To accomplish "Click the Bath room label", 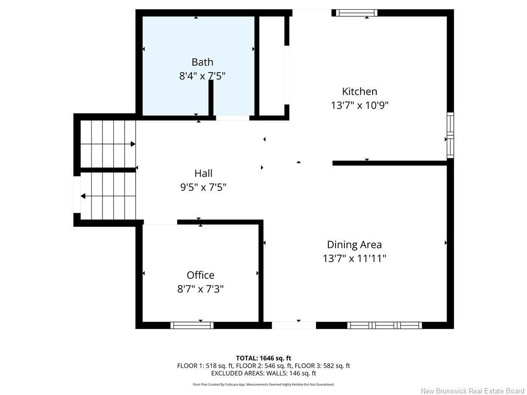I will [x=202, y=62].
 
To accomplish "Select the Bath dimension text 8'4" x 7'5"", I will [x=202, y=76].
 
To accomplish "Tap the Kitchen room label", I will [x=360, y=92].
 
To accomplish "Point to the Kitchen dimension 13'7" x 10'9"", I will [x=359, y=105].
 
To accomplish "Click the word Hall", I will [x=203, y=173].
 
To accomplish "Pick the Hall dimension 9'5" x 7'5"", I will [x=203, y=187].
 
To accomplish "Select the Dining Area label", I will [x=354, y=245].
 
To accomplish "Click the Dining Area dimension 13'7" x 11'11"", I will [x=354, y=258].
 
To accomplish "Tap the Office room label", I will [x=200, y=275].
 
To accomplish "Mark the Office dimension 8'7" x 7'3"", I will [x=200, y=289].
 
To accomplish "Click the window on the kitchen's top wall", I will [x=355, y=13].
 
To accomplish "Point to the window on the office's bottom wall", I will [x=192, y=325].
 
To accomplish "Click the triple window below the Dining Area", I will [x=384, y=325].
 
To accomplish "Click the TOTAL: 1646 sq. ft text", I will [x=263, y=358].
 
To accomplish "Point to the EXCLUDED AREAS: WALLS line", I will [x=263, y=373].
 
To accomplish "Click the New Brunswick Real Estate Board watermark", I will [x=472, y=391].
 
